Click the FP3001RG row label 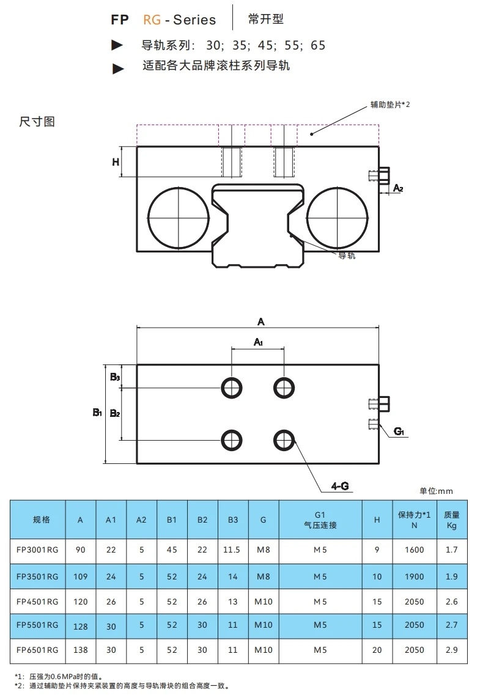coord(37,550)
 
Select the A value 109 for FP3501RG coord(81,576)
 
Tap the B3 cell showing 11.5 coord(232,550)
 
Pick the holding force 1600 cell coord(414,550)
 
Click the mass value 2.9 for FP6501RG coord(451,650)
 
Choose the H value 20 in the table coord(377,650)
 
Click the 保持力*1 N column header coord(414,520)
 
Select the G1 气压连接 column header coord(320,520)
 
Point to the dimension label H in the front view coord(115,162)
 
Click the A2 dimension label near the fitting coord(397,188)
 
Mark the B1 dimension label coord(97,413)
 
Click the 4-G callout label coord(339,486)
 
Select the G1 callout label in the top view coord(399,432)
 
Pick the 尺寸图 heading coord(37,122)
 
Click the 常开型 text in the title coord(266,19)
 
